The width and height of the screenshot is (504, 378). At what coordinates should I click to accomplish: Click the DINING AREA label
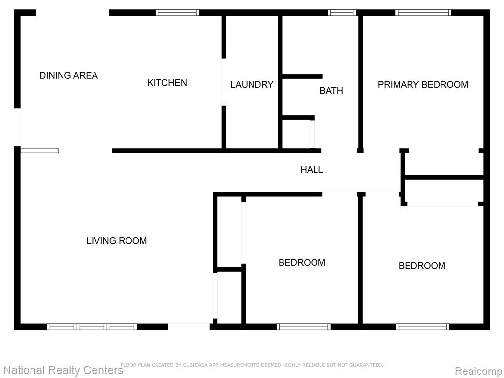68,75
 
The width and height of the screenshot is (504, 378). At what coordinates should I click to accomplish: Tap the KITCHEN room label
167,83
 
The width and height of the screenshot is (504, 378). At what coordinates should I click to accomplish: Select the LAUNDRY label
252,85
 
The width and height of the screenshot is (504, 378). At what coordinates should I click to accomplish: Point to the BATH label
331,91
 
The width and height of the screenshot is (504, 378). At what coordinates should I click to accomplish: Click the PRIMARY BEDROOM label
423,85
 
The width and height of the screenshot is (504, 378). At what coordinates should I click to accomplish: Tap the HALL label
312,170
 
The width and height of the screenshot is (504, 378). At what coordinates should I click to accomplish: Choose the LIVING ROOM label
116,241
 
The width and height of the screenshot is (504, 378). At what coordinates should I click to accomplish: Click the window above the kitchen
177,13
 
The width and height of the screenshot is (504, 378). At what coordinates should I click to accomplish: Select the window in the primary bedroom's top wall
423,13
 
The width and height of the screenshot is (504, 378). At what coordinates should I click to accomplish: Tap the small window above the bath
342,13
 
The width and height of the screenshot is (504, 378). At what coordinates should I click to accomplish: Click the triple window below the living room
92,327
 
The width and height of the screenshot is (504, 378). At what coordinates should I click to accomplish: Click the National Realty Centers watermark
63,370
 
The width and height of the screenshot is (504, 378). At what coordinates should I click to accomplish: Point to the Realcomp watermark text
478,371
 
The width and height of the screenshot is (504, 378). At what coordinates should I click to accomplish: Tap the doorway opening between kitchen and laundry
224,82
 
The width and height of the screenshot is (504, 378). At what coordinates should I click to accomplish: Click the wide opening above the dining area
72,13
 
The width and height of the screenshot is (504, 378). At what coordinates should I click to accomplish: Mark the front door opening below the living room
189,327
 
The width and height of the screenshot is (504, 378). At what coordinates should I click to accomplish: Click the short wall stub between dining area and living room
39,151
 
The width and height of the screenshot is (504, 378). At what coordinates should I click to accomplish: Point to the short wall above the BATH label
302,76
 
